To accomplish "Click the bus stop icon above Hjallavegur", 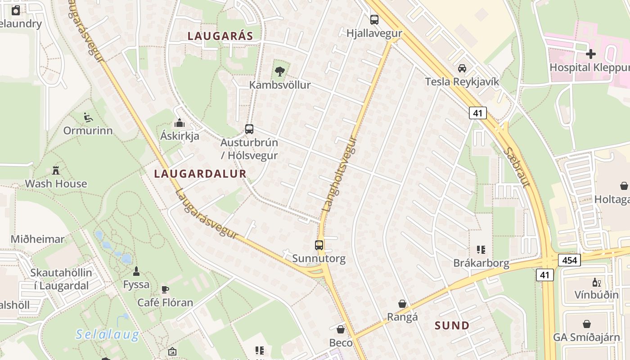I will pyautogui.click(x=374, y=19).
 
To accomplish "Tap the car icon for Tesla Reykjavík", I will pyautogui.click(x=462, y=68).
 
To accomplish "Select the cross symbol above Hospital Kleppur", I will pyautogui.click(x=590, y=54).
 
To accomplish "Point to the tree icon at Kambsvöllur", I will pyautogui.click(x=280, y=71).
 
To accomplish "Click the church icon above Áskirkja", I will pyautogui.click(x=180, y=123).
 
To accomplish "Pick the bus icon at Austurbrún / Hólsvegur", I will pyautogui.click(x=249, y=129).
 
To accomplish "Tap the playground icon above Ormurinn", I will pyautogui.click(x=88, y=118).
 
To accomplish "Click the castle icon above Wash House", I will pyautogui.click(x=56, y=171).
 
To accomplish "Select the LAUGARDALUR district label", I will pyautogui.click(x=200, y=174).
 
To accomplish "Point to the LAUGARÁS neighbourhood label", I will pyautogui.click(x=220, y=36).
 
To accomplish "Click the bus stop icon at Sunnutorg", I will pyautogui.click(x=319, y=245).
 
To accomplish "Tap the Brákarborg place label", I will pyautogui.click(x=481, y=263).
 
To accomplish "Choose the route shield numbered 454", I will pyautogui.click(x=569, y=260).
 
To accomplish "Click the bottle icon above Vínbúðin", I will pyautogui.click(x=596, y=283).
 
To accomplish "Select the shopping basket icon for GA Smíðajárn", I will pyautogui.click(x=587, y=324).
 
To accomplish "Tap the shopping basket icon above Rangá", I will pyautogui.click(x=402, y=304).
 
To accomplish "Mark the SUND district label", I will pyautogui.click(x=452, y=325).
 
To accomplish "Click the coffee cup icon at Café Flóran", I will pyautogui.click(x=165, y=289).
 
